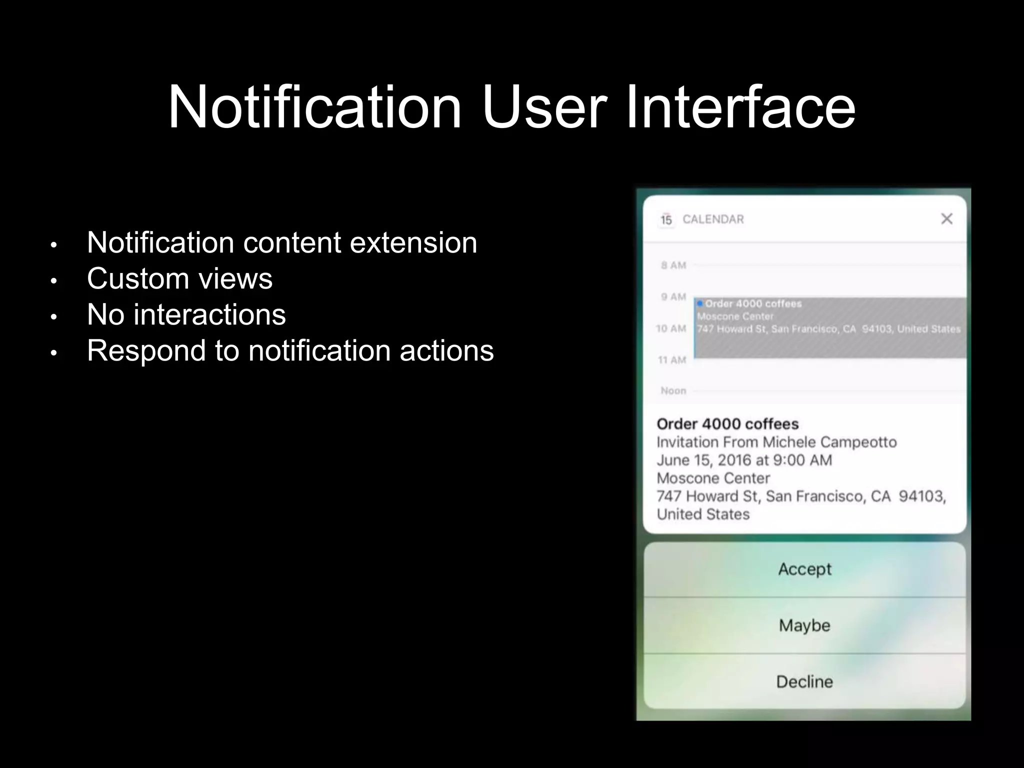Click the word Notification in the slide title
coord(315,107)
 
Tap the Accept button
coord(804,569)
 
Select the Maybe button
coord(804,625)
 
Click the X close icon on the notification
coord(946,219)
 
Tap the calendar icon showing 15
coord(666,219)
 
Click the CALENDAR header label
coord(713,219)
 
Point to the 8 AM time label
coord(673,265)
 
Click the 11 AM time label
coord(672,359)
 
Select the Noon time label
coord(673,390)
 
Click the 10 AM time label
coord(671,328)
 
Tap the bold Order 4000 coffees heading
coord(727,424)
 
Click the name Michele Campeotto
coord(829,442)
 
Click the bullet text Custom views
coord(179,278)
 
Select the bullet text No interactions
coord(186,314)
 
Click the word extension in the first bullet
coord(413,242)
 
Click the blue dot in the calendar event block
coord(700,303)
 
